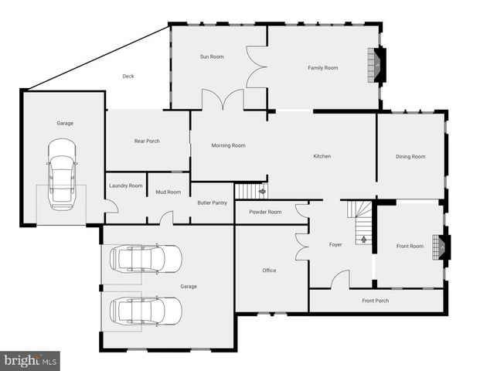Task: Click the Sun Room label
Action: click(212, 56)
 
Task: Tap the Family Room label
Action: click(323, 68)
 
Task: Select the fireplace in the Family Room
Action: click(376, 65)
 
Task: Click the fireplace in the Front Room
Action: click(442, 246)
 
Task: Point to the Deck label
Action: click(128, 76)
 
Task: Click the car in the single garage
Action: click(62, 174)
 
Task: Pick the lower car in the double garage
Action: click(145, 311)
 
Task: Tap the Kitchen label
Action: click(322, 156)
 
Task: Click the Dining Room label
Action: click(410, 157)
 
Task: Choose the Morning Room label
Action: click(228, 145)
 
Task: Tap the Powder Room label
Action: click(265, 212)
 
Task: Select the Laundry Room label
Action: click(126, 185)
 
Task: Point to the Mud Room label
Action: click(168, 192)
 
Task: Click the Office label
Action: click(269, 271)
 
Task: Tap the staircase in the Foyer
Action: click(359, 223)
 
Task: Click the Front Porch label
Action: click(376, 301)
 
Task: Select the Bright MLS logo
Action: click(30, 360)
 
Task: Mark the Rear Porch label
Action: click(147, 141)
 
